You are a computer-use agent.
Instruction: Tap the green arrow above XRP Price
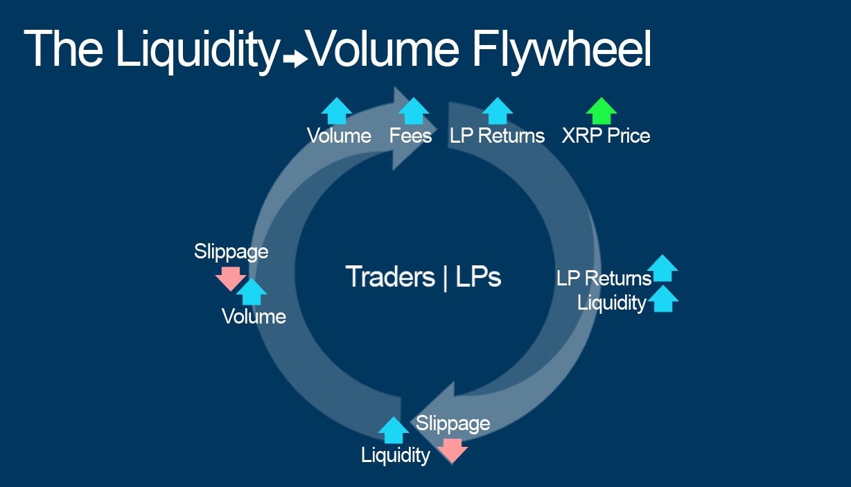[x=601, y=111]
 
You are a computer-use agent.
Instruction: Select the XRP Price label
[x=606, y=136]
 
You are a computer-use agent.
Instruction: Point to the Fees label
[x=410, y=136]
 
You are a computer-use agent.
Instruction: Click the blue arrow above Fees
[x=414, y=111]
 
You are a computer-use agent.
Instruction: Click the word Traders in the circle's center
[x=390, y=277]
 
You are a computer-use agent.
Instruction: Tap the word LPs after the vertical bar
[x=478, y=277]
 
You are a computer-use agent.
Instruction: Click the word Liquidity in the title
[x=198, y=50]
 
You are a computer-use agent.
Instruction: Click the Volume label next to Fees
[x=339, y=136]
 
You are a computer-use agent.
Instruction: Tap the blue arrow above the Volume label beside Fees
[x=337, y=111]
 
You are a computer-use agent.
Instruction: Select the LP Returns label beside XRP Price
[x=497, y=136]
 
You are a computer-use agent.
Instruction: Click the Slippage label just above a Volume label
[x=231, y=251]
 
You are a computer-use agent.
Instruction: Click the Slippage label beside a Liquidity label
[x=453, y=423]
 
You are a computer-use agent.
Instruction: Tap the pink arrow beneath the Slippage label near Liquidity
[x=453, y=449]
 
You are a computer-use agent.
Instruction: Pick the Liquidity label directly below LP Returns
[x=611, y=303]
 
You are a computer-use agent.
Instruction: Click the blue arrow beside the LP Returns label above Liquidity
[x=663, y=268]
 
